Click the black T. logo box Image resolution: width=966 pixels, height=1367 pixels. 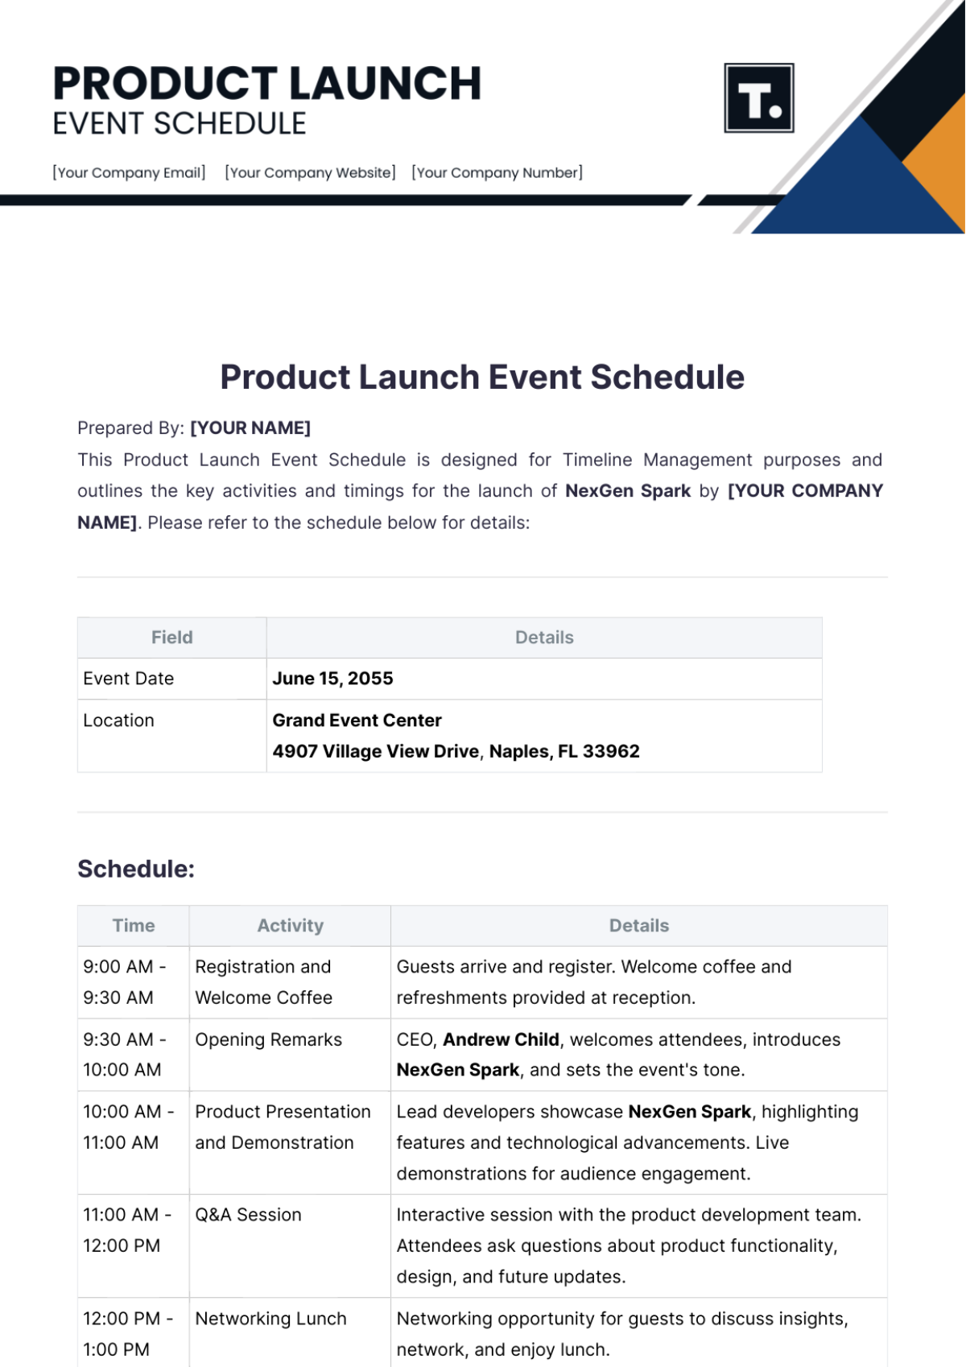click(x=759, y=98)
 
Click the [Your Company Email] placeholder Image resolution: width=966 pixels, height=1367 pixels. click(x=129, y=172)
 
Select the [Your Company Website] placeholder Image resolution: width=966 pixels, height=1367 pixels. click(x=310, y=172)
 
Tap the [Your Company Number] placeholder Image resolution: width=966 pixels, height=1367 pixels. click(x=497, y=172)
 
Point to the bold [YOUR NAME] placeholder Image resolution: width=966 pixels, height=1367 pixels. click(x=250, y=428)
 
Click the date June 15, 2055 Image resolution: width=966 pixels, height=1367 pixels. click(x=332, y=679)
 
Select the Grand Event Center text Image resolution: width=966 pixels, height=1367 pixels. click(x=357, y=721)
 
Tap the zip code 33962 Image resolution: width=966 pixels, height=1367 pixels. click(x=611, y=751)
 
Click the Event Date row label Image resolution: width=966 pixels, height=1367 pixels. click(x=129, y=679)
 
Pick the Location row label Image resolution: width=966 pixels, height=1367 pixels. click(x=118, y=721)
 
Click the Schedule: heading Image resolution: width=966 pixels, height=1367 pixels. click(x=136, y=869)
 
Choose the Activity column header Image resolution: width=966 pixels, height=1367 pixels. click(x=290, y=926)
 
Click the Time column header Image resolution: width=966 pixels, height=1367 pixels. click(x=134, y=926)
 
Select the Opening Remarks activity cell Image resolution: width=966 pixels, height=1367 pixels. click(x=268, y=1039)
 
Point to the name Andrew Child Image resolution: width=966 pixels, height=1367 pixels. click(x=501, y=1039)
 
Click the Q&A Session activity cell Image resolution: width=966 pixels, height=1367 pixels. click(x=248, y=1215)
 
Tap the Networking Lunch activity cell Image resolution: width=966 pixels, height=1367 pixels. click(x=270, y=1319)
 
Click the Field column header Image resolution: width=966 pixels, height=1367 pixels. click(x=171, y=638)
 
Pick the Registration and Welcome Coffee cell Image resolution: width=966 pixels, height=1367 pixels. click(x=263, y=982)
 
